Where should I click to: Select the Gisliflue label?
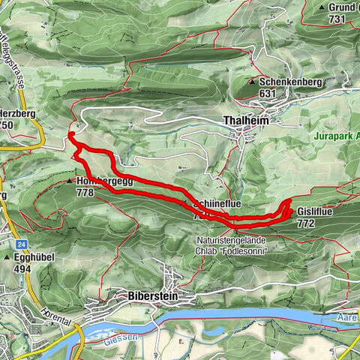pos(315,211)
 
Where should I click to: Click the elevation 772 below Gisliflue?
pos(305,223)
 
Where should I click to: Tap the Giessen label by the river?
pos(128,337)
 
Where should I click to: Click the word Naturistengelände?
pos(227,239)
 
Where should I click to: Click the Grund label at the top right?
pos(341,7)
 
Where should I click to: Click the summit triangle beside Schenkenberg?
pos(252,81)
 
